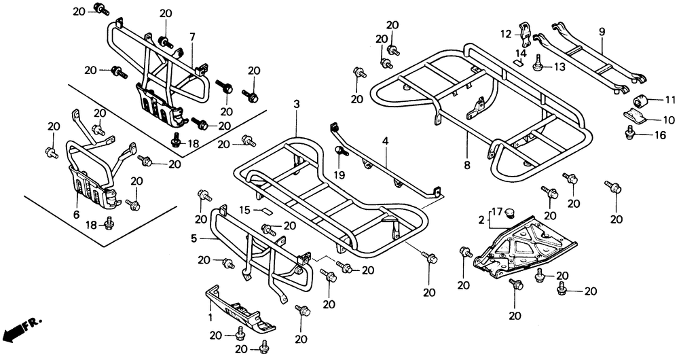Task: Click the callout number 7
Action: (192, 36)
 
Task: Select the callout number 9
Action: (602, 31)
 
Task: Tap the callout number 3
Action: (296, 103)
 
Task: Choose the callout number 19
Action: (338, 174)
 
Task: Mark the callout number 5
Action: (194, 238)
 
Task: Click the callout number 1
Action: (210, 317)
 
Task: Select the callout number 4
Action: (385, 141)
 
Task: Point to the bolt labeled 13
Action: (538, 64)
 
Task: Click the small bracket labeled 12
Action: (523, 32)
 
